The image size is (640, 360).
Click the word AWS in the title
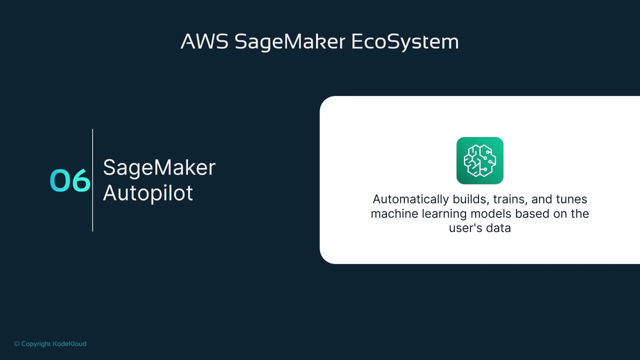(204, 41)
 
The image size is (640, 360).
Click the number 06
(70, 180)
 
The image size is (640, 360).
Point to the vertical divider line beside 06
(92, 180)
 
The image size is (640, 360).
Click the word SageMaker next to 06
(159, 167)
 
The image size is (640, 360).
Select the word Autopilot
(147, 193)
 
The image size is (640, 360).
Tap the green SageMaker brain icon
(479, 160)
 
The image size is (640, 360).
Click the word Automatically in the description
(410, 199)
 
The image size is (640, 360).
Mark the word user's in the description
(465, 228)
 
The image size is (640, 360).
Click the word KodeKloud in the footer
(69, 343)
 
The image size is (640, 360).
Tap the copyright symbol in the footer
(17, 343)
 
